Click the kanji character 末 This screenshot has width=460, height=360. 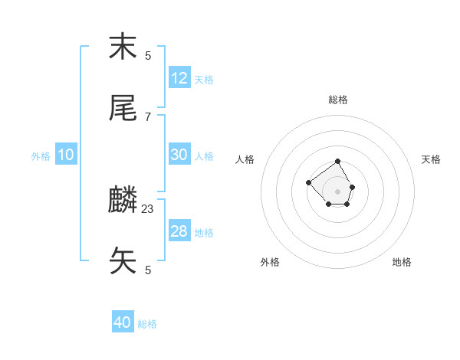pyautogui.click(x=123, y=47)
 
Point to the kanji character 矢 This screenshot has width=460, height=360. pyautogui.click(x=123, y=261)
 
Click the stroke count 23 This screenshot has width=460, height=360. pyautogui.click(x=148, y=208)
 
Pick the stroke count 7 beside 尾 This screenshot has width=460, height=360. pyautogui.click(x=148, y=116)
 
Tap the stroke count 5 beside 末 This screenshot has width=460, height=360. pyautogui.click(x=148, y=55)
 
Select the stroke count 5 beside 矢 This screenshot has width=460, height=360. pyautogui.click(x=148, y=270)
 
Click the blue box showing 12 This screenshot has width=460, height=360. pyautogui.click(x=179, y=78)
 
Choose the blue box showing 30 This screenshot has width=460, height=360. pyautogui.click(x=179, y=155)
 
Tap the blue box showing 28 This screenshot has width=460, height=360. pyautogui.click(x=179, y=231)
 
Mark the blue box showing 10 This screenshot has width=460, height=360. pyautogui.click(x=66, y=155)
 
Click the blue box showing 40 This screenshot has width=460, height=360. pyautogui.click(x=123, y=322)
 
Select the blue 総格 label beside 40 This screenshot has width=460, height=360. pyautogui.click(x=147, y=324)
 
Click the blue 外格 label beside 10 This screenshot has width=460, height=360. pyautogui.click(x=41, y=156)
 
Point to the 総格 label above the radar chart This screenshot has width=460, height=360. pyautogui.click(x=338, y=100)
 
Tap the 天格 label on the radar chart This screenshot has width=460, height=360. pyautogui.click(x=431, y=159)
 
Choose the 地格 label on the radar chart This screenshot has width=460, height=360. pyautogui.click(x=402, y=262)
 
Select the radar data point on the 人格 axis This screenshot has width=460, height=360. pyautogui.click(x=308, y=182)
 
